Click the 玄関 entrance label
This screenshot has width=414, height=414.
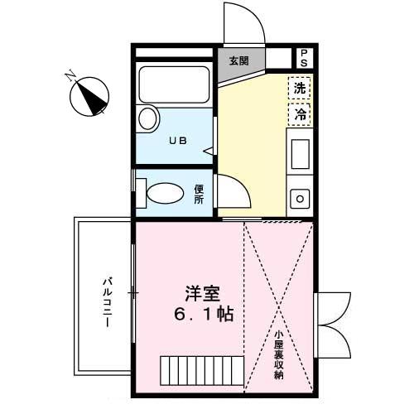pyautogui.click(x=239, y=60)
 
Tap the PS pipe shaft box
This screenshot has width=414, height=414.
pyautogui.click(x=304, y=58)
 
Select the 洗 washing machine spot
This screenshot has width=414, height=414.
pyautogui.click(x=300, y=87)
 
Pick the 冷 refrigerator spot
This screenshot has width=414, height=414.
pyautogui.click(x=300, y=113)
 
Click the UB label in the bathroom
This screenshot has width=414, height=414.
pyautogui.click(x=178, y=140)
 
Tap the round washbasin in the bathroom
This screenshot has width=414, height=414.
pyautogui.click(x=148, y=118)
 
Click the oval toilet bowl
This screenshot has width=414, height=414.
pyautogui.click(x=163, y=195)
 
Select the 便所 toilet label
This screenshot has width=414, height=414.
pyautogui.click(x=200, y=194)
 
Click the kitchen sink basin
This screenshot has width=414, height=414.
pyautogui.click(x=299, y=154)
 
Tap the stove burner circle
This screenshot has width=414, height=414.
pyautogui.click(x=299, y=199)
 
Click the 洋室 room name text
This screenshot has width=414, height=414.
pyautogui.click(x=203, y=294)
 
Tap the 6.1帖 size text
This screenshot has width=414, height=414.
pyautogui.click(x=202, y=315)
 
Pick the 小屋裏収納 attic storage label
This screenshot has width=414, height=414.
pyautogui.click(x=280, y=356)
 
